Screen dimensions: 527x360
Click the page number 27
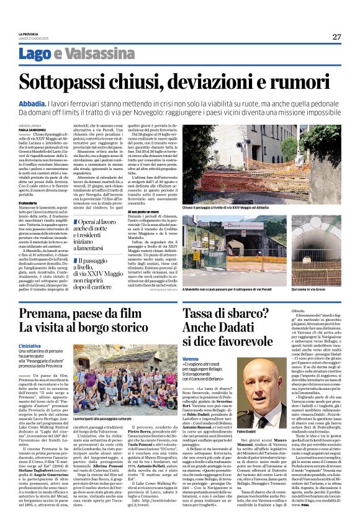336,37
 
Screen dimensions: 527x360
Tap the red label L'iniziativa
30,345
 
